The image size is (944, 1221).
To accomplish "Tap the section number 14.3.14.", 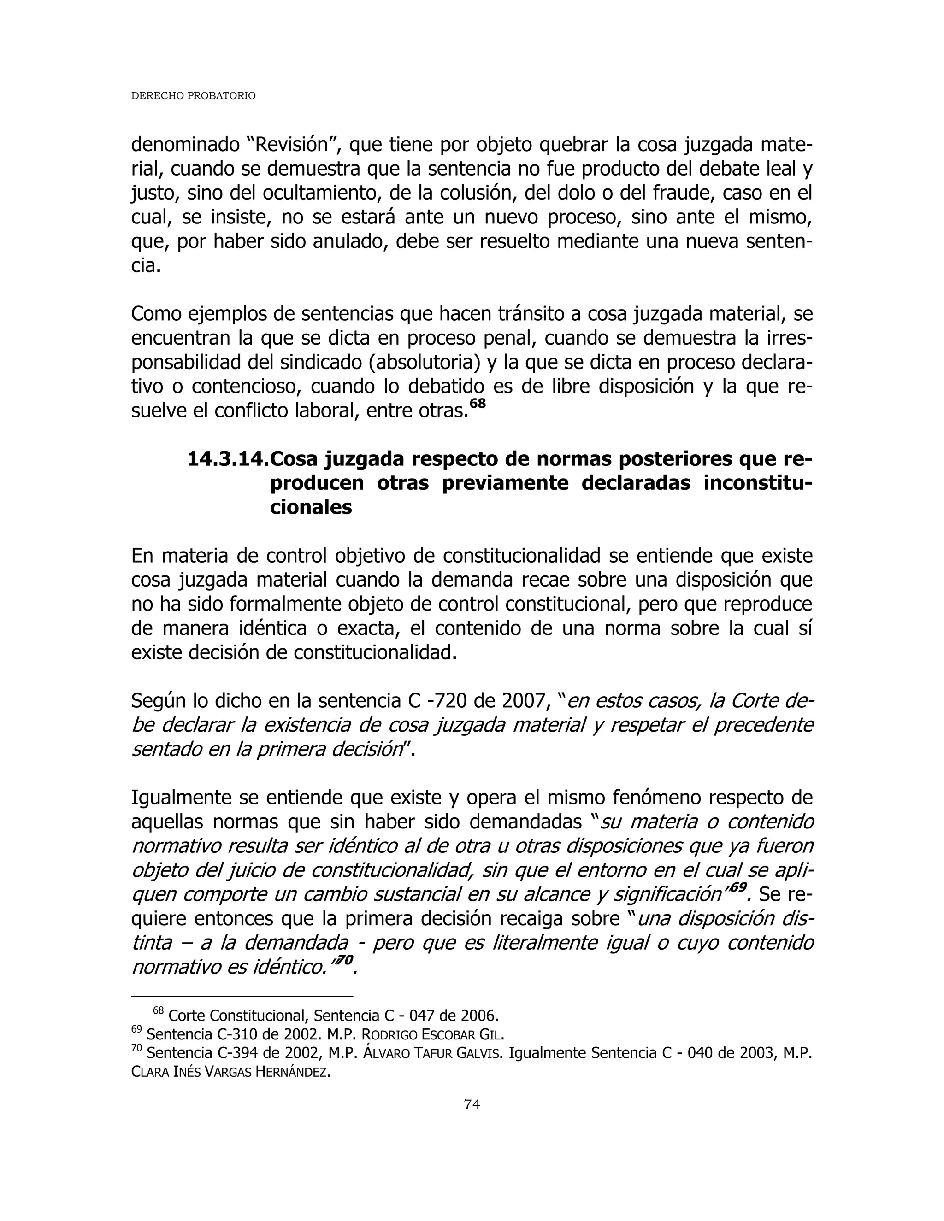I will click(227, 459).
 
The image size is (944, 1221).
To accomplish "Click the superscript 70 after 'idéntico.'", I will click(345, 959).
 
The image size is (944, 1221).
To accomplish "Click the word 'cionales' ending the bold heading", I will click(311, 507).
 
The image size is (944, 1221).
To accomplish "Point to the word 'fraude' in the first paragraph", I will click(684, 193).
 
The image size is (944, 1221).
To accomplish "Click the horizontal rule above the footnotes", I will click(242, 996).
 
